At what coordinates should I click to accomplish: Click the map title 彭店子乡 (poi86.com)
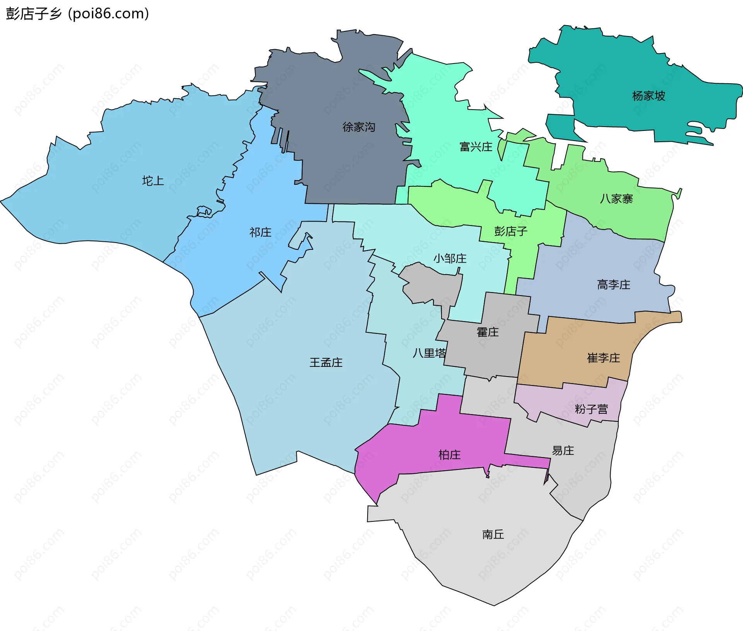click(77, 14)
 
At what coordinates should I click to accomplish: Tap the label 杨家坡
click(649, 96)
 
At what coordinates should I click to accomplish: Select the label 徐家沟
click(359, 127)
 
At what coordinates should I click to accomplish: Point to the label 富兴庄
click(476, 147)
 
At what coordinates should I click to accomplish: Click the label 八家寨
click(616, 199)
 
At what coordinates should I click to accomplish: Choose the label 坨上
click(153, 181)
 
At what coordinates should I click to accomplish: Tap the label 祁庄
click(260, 232)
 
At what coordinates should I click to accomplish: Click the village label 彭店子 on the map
click(511, 231)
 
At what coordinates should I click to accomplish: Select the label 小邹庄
click(450, 258)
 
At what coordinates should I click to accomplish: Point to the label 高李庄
click(613, 285)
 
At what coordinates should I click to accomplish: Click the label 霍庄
click(488, 332)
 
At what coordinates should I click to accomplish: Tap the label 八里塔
click(429, 353)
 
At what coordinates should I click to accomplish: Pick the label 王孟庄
click(326, 362)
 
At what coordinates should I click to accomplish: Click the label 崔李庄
click(603, 358)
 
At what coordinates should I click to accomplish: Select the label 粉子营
click(591, 409)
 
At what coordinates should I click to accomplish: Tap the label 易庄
click(563, 450)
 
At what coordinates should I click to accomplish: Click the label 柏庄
click(449, 454)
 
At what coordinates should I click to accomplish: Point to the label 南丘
click(493, 535)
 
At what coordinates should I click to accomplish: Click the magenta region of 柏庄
click(406, 449)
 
